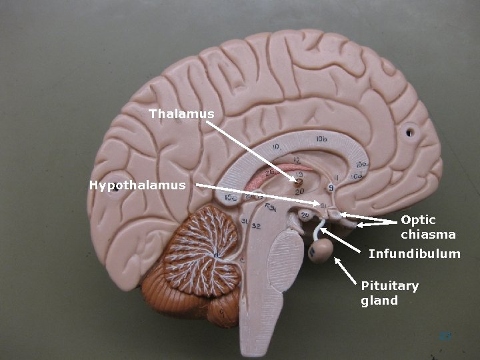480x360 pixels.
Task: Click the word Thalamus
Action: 181,114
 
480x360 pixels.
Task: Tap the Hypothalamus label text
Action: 137,185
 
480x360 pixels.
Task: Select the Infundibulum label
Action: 414,254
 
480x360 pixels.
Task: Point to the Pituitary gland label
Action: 389,293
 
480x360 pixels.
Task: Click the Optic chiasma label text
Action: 428,227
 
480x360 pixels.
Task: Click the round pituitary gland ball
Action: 321,251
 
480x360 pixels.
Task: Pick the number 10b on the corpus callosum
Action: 321,139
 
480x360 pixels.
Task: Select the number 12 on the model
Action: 296,160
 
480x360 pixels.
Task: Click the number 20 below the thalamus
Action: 299,191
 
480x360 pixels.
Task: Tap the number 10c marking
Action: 231,197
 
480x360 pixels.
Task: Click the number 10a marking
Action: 361,164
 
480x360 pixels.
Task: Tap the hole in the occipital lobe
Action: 117,188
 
